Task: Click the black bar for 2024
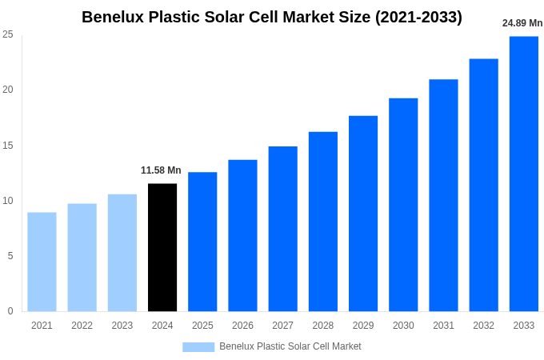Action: (162, 247)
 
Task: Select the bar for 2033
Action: (524, 174)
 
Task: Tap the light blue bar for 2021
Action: (42, 262)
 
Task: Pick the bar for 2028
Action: (323, 222)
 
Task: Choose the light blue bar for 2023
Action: (122, 253)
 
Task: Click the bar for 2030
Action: (403, 205)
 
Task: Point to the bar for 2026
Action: (242, 235)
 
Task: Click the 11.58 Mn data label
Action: (161, 170)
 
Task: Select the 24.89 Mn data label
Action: (522, 23)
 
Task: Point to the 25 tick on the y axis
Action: (8, 34)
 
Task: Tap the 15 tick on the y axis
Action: (8, 146)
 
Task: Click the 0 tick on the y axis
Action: (10, 311)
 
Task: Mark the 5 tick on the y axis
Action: (10, 256)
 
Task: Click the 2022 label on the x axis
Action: (82, 326)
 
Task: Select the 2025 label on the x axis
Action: (202, 326)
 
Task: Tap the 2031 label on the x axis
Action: (443, 326)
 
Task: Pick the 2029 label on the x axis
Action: (363, 326)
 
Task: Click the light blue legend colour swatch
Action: (198, 346)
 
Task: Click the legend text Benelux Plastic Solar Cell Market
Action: (290, 346)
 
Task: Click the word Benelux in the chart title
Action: (114, 17)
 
